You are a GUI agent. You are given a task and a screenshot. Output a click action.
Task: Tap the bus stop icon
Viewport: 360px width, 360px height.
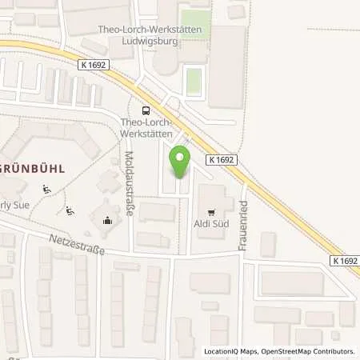(x=145, y=110)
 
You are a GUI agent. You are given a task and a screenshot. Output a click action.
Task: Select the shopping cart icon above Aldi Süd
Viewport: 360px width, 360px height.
(x=211, y=213)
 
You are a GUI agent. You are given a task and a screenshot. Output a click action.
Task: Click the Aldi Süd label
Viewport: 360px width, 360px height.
(x=211, y=224)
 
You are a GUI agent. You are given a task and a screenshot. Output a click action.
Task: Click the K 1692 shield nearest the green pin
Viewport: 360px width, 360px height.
(x=222, y=160)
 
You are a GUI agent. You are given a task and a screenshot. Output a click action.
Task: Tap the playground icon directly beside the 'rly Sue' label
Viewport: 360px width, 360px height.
(x=71, y=211)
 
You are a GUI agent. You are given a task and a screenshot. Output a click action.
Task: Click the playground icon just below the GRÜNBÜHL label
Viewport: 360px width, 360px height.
(x=46, y=190)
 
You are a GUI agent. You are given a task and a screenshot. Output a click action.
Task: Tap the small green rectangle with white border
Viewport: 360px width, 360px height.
(x=192, y=81)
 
